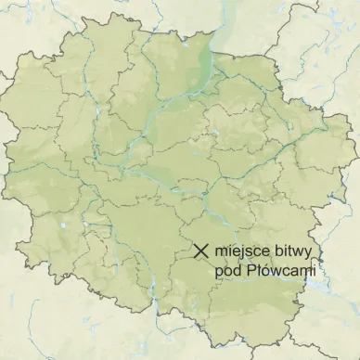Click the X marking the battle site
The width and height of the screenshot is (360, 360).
pos(200,250)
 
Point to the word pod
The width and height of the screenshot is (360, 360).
pos(227,270)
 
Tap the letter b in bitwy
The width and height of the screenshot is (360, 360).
pos(276,251)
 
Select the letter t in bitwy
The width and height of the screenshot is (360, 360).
pos(289,251)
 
